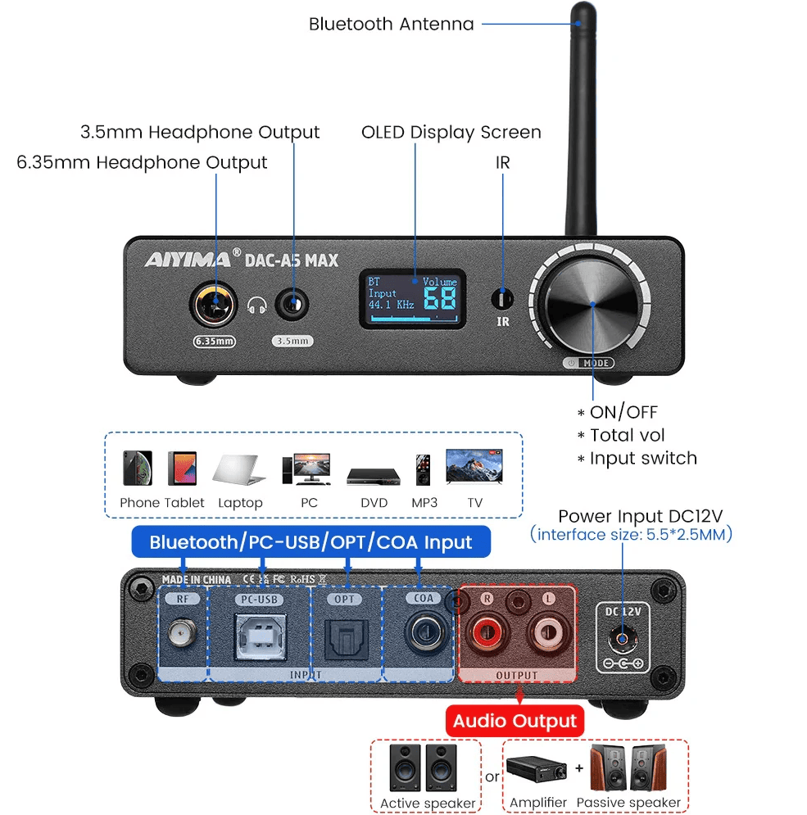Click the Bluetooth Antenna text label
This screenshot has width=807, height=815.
(391, 24)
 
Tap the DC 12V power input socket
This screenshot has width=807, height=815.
(623, 640)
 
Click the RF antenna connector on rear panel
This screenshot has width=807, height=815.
(181, 633)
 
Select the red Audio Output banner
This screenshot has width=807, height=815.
(515, 722)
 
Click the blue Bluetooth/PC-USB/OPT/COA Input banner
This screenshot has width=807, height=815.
(311, 542)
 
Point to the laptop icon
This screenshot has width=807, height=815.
(240, 470)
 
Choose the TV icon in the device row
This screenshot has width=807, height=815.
(474, 467)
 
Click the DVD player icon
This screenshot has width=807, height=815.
(373, 476)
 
